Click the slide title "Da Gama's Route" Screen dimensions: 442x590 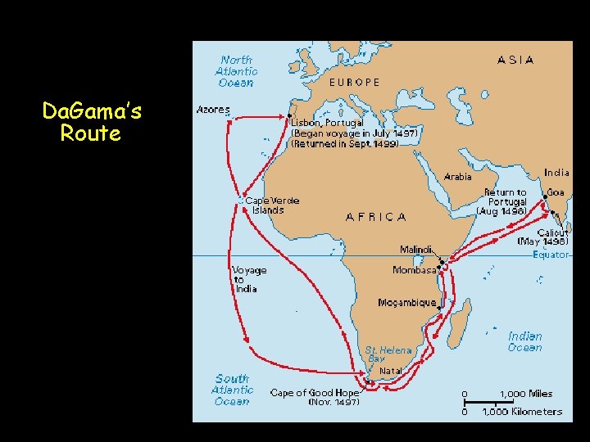(90, 122)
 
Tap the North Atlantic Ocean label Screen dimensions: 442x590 (237, 71)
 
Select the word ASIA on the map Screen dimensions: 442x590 (515, 60)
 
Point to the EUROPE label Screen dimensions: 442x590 (354, 82)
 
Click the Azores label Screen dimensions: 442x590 (213, 110)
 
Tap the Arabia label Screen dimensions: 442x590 (458, 176)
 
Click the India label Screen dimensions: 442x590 (556, 173)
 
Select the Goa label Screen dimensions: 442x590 (556, 192)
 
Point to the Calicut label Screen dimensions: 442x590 (553, 232)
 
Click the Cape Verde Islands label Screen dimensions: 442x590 (272, 205)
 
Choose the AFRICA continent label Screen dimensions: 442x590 (376, 217)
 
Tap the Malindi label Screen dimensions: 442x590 (416, 250)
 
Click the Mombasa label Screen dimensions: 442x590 (415, 270)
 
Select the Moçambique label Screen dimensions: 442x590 (407, 302)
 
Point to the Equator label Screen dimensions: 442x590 (551, 255)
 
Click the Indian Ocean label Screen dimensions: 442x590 (524, 341)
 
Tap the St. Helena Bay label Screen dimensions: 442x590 (388, 354)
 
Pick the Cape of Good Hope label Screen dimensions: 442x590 (315, 393)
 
